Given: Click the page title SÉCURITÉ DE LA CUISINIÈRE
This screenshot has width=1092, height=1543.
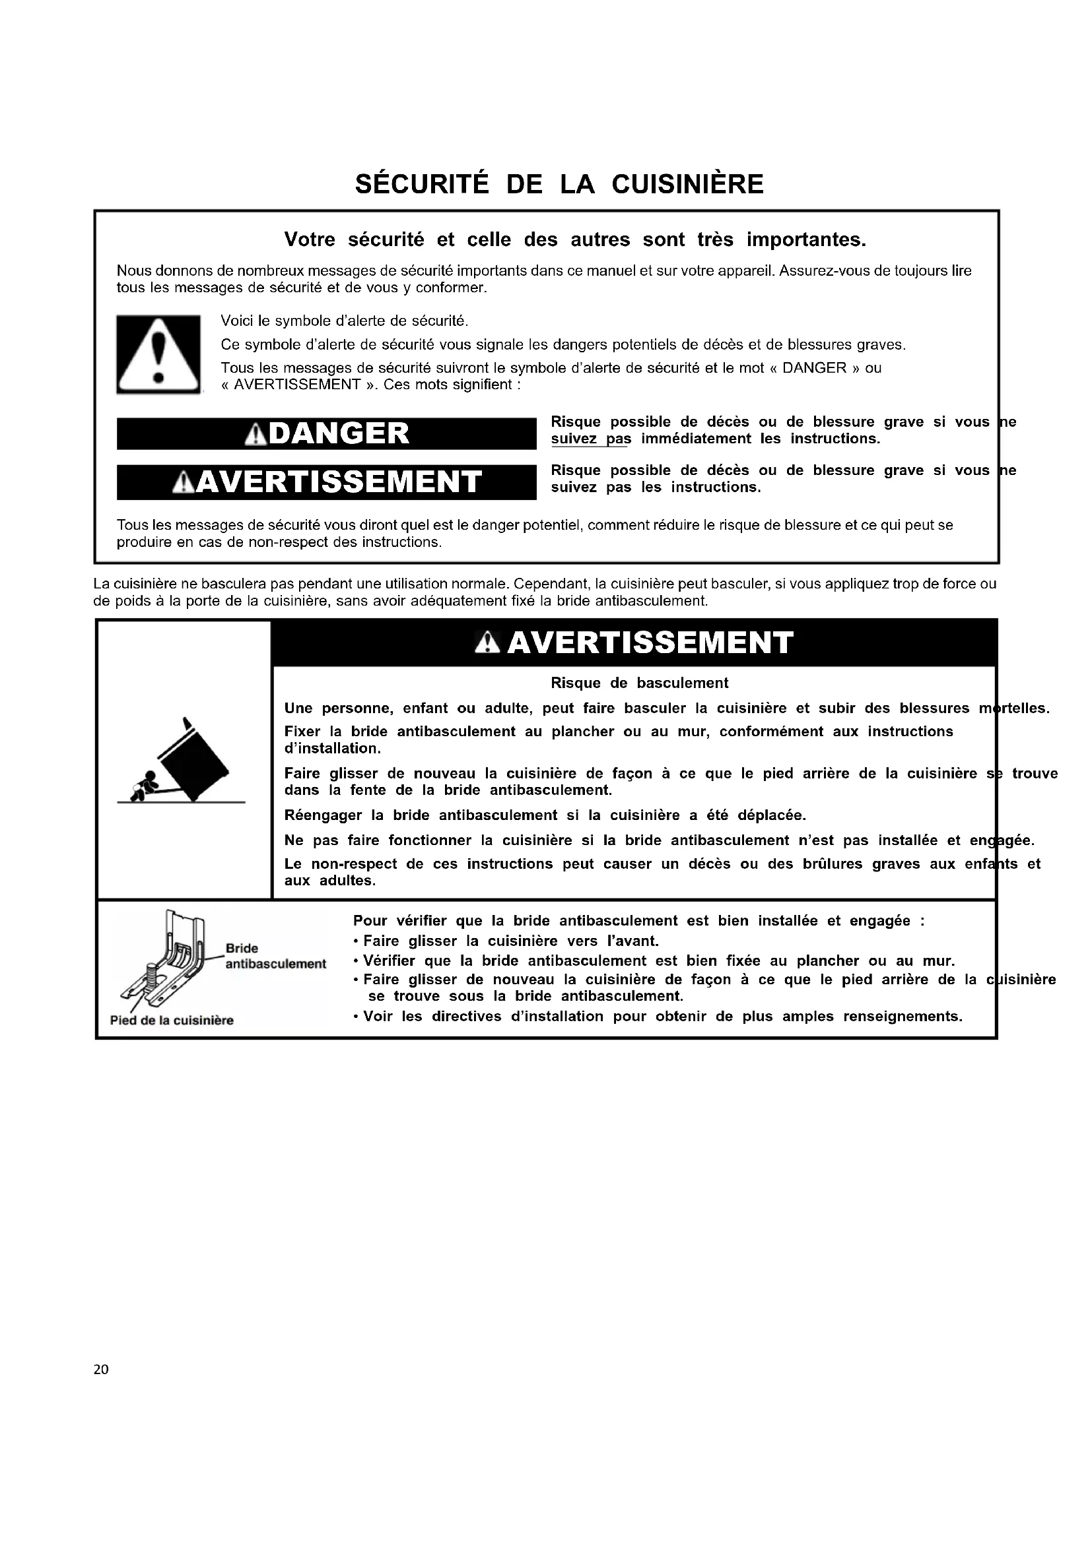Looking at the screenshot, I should click(x=559, y=184).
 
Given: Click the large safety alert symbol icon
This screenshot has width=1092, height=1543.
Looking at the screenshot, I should click(x=158, y=354).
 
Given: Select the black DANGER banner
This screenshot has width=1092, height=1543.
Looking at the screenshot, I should click(x=327, y=433).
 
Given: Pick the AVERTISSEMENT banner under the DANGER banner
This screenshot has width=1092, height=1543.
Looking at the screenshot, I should click(x=327, y=482).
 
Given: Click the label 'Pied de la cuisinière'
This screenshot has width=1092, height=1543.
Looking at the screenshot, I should click(x=172, y=1020).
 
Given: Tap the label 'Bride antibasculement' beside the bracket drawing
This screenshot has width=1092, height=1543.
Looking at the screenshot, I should click(x=275, y=957).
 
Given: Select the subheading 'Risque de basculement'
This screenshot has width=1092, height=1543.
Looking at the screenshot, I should click(x=639, y=683).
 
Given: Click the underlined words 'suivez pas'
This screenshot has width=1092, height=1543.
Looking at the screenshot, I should click(x=591, y=439).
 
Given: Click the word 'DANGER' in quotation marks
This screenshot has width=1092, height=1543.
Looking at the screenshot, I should click(x=814, y=367).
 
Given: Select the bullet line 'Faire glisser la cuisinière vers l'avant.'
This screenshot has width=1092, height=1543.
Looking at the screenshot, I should click(x=509, y=941).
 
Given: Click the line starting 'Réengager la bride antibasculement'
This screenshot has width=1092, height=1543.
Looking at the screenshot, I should click(x=545, y=815).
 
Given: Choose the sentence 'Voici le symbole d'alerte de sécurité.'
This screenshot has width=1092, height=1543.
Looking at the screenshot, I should click(x=344, y=321).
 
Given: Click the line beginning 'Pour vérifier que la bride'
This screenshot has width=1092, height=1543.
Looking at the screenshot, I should click(x=638, y=921).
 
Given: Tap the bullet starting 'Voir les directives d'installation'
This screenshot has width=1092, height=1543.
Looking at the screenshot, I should click(x=661, y=1016).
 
